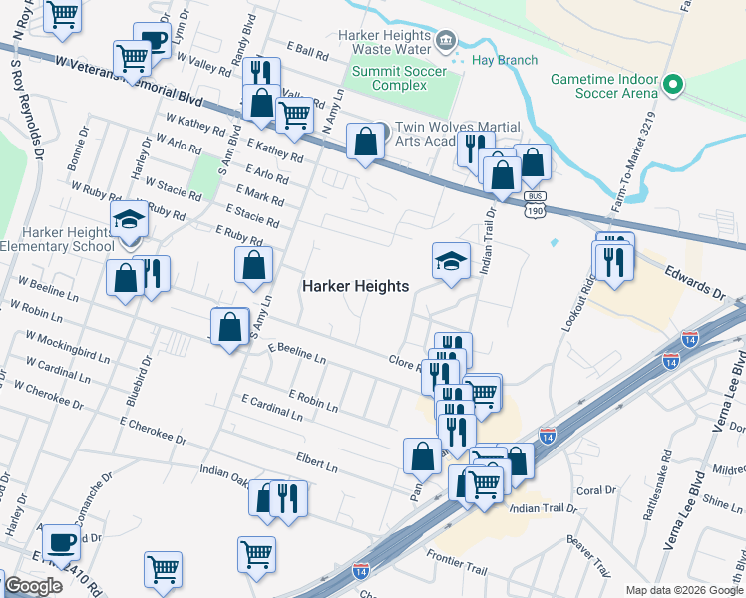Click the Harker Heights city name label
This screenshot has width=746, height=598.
pos(355,286)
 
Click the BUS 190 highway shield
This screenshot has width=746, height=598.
pos(536,204)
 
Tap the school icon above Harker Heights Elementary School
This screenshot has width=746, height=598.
pos(129,219)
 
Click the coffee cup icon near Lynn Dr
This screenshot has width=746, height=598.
pos(152,41)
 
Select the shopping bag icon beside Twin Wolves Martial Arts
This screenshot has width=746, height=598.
pos(366,142)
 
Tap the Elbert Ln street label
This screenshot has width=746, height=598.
pos(316,460)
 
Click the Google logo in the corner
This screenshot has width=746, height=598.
pos(33,586)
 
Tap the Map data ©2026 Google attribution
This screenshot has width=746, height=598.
pos(683,590)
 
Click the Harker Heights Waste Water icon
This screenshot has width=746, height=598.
pos(445,41)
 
